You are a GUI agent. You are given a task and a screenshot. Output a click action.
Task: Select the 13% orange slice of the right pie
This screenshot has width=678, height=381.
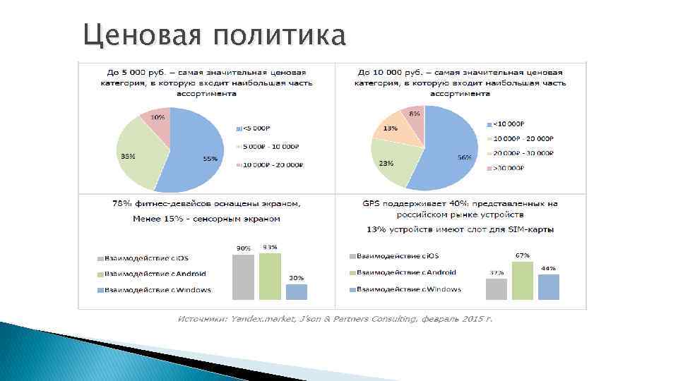point(395,128)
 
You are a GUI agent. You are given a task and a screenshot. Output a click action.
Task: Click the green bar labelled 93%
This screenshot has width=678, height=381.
point(270,276)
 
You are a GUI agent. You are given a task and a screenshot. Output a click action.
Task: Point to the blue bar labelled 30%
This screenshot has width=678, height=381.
point(297,291)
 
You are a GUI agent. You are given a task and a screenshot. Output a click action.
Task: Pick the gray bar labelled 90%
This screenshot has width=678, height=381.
point(243,277)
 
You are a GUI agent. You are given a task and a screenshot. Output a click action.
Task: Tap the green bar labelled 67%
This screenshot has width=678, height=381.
point(523,281)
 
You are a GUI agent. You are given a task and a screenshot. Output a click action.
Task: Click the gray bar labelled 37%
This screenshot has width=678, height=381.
point(496,289)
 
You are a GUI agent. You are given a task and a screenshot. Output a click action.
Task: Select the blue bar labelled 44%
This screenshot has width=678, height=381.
point(549,286)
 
